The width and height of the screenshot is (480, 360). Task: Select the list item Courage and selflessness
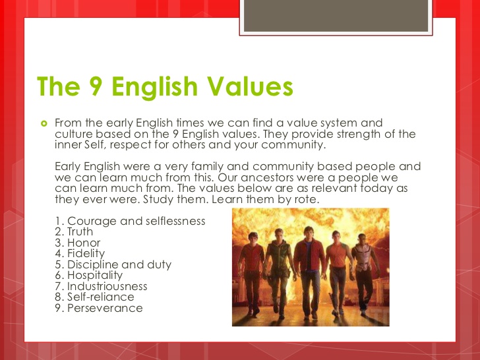130,221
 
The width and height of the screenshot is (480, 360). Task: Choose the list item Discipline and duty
113,264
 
